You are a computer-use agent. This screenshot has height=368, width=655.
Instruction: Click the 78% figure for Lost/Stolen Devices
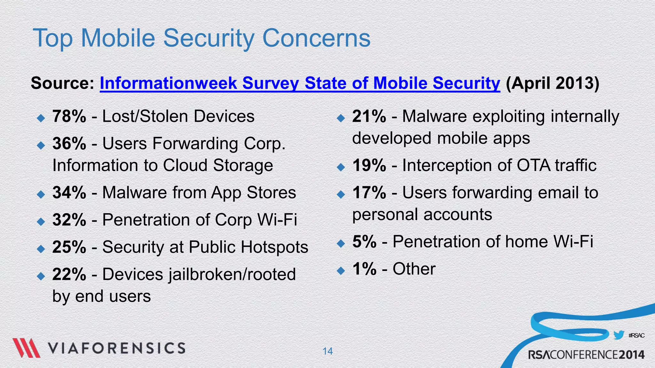69,116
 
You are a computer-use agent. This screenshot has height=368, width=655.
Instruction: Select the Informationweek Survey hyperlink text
299,83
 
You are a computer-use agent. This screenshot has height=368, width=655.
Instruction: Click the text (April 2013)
552,83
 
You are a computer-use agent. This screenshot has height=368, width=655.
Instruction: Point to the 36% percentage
69,143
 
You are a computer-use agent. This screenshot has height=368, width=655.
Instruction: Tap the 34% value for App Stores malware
69,193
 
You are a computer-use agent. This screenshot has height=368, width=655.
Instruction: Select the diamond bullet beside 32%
41,221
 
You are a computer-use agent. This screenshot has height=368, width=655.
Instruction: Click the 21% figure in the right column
369,116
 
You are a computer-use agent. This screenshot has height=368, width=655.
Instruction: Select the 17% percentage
369,193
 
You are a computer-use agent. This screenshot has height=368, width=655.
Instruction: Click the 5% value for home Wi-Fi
364,241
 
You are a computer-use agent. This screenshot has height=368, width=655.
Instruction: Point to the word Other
414,269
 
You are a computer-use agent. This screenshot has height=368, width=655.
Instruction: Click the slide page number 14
327,351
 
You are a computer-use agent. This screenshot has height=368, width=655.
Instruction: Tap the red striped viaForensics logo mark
26,348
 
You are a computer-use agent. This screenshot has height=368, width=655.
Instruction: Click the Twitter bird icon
619,335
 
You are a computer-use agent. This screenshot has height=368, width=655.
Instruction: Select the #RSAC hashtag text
636,335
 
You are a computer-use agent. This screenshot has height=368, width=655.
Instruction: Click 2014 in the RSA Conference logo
631,355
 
